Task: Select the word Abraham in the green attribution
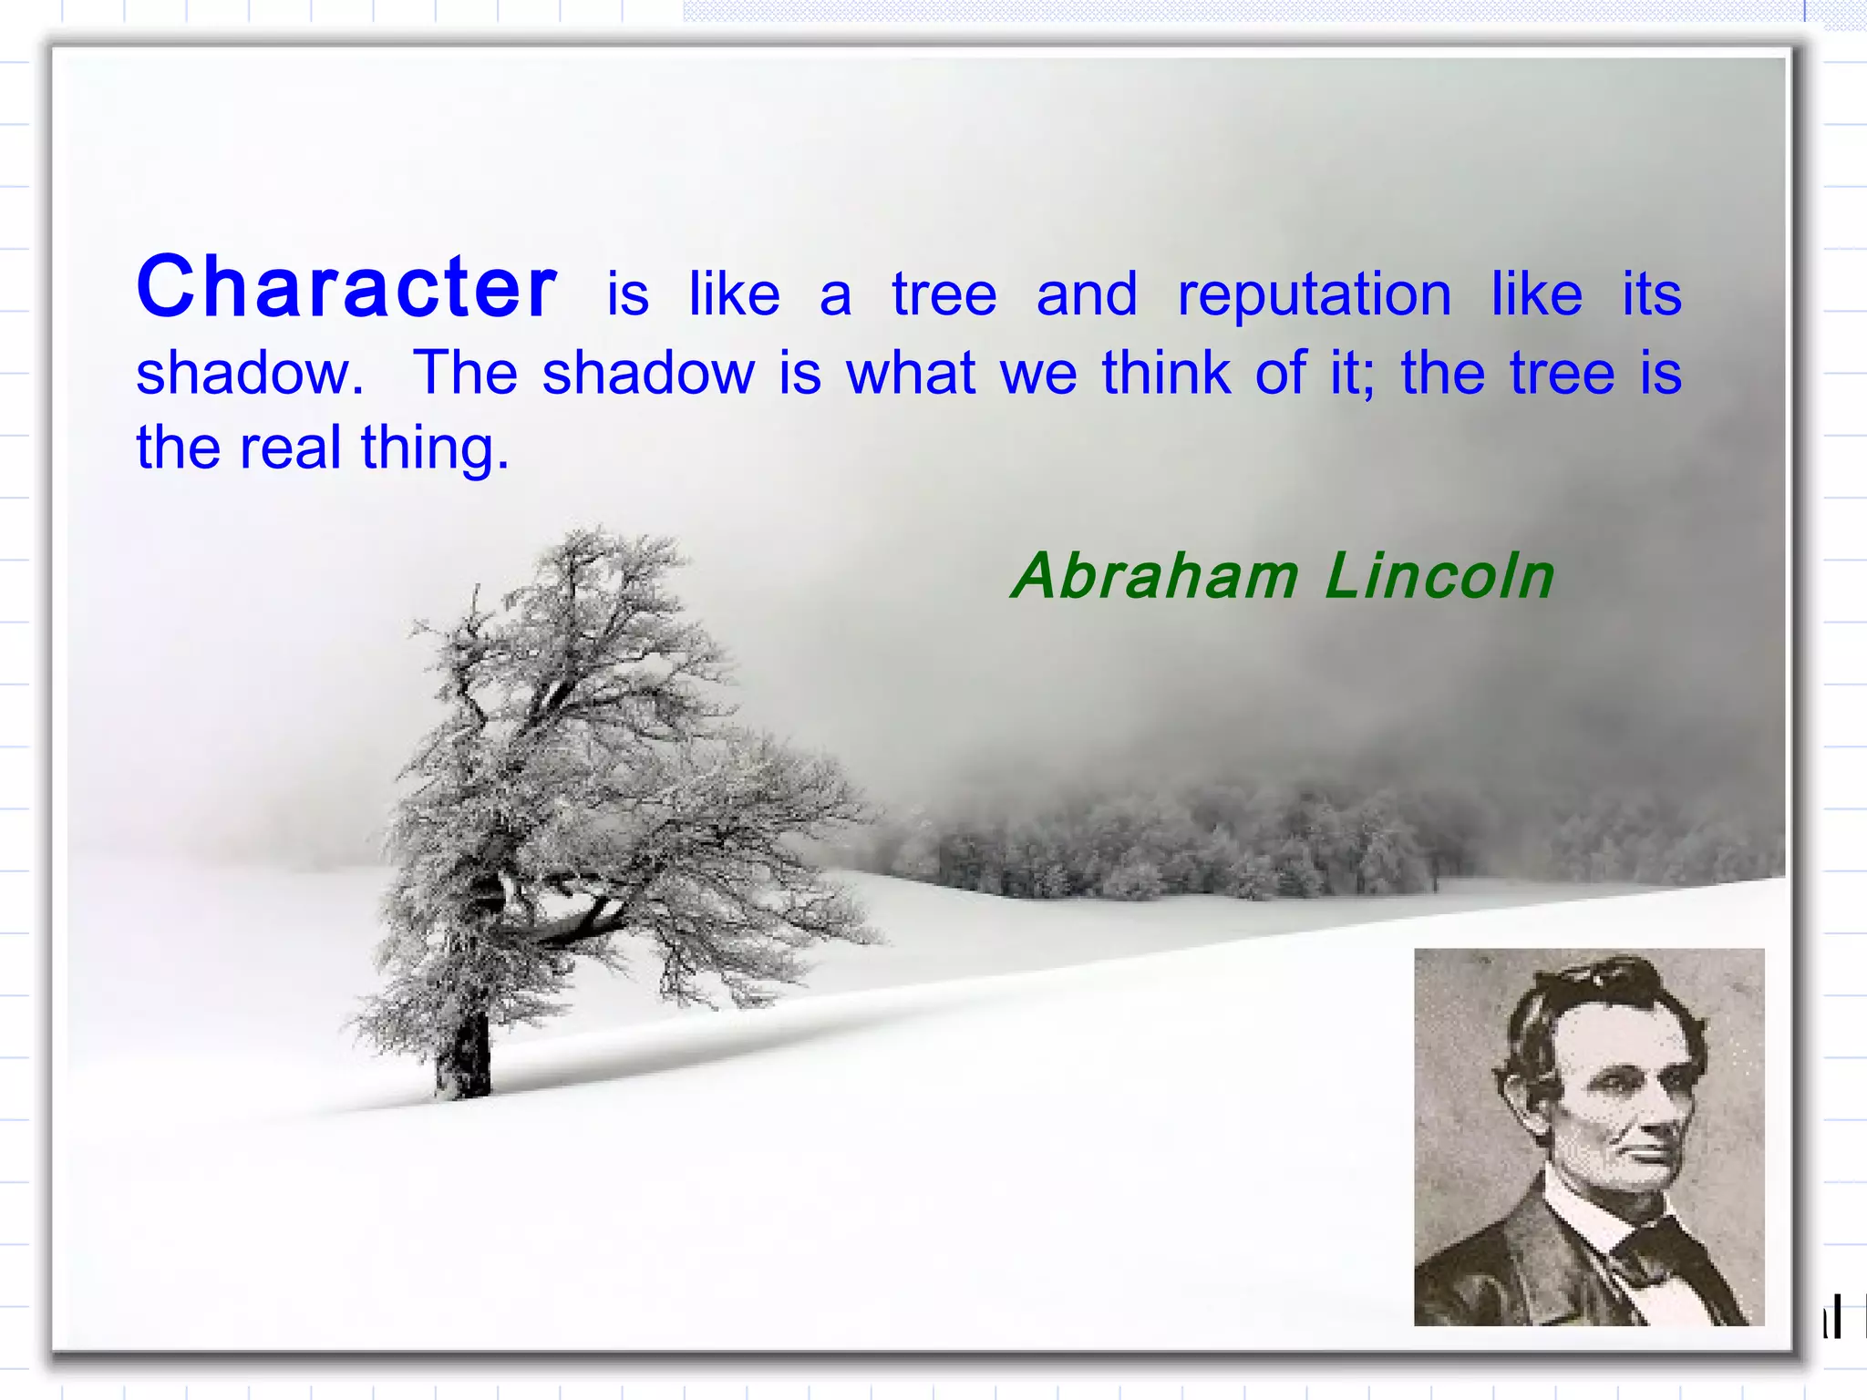tap(1155, 577)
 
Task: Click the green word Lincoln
tap(1439, 577)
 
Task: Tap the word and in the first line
tap(1087, 294)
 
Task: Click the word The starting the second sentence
tap(465, 373)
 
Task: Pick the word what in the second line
tap(911, 373)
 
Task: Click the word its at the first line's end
tap(1651, 294)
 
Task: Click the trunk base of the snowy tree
tap(464, 1076)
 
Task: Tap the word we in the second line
tap(1038, 373)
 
